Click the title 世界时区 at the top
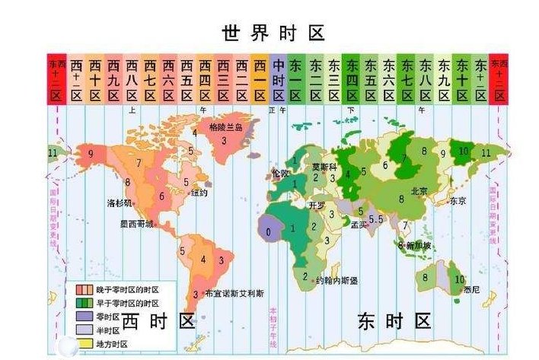(x=273, y=33)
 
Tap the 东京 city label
(x=458, y=201)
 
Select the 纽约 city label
(x=199, y=193)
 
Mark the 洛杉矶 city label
(x=120, y=203)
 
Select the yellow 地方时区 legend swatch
(x=80, y=343)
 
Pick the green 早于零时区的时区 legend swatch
(x=80, y=303)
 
